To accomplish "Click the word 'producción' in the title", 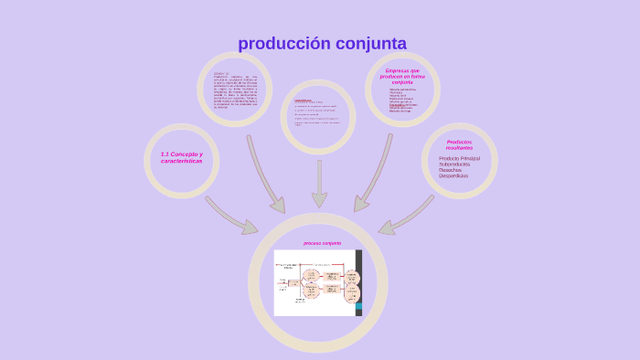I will pyautogui.click(x=282, y=44).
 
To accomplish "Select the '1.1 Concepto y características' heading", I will pyautogui.click(x=181, y=157).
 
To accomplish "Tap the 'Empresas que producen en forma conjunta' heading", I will pyautogui.click(x=402, y=76).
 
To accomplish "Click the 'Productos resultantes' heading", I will pyautogui.click(x=459, y=144).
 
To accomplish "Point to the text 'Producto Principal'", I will pyautogui.click(x=459, y=158).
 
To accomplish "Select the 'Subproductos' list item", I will pyautogui.click(x=454, y=164).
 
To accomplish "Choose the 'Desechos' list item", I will pyautogui.click(x=450, y=170).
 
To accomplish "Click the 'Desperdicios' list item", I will pyautogui.click(x=453, y=175).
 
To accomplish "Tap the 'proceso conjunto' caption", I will pyautogui.click(x=322, y=243).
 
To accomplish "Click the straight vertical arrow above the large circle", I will pyautogui.click(x=319, y=184).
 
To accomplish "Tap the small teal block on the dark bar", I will pyautogui.click(x=358, y=306).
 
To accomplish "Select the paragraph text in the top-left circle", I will pyautogui.click(x=235, y=90).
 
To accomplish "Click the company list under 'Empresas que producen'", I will pyautogui.click(x=402, y=101).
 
